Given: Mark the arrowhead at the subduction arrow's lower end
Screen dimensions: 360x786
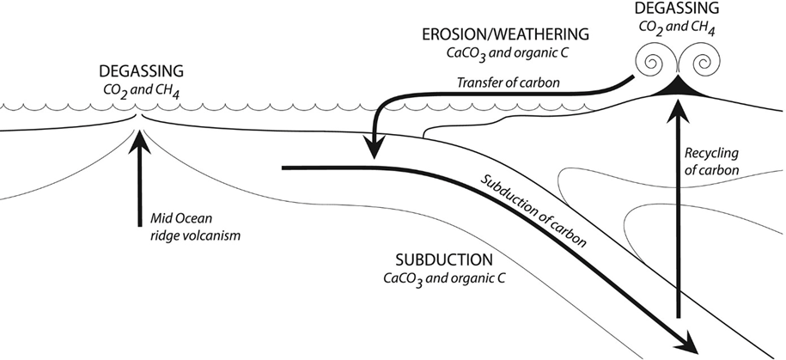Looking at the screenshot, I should pyautogui.click(x=686, y=344).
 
